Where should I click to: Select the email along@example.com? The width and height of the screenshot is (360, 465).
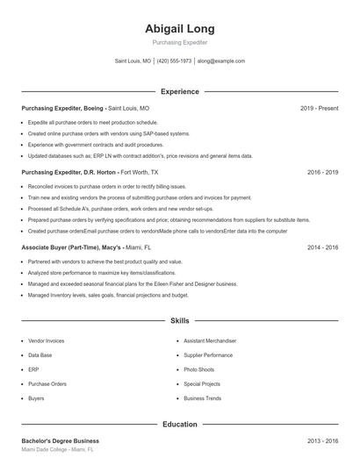tap(221, 61)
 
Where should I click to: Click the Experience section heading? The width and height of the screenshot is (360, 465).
tap(180, 91)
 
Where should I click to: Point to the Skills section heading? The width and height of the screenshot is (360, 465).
tap(180, 321)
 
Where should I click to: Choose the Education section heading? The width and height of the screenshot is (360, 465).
tap(180, 425)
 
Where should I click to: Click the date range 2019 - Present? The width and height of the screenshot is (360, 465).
tap(319, 108)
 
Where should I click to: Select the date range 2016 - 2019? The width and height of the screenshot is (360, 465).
tap(323, 173)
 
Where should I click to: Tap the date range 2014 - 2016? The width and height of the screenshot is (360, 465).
tap(323, 247)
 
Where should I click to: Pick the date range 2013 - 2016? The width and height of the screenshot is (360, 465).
tap(323, 440)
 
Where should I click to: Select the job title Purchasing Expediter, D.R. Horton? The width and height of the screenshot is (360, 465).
tap(69, 173)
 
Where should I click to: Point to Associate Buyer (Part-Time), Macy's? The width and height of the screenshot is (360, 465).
tap(71, 247)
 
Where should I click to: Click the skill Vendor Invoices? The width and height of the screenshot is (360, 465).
tap(47, 340)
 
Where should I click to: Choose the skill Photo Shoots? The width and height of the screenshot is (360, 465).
tap(199, 369)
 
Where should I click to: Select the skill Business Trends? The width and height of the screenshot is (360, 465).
tap(203, 398)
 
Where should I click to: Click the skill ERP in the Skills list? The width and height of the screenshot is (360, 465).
tap(33, 369)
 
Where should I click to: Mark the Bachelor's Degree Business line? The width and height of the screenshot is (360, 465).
tap(60, 440)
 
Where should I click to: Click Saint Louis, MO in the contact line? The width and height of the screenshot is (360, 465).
tap(133, 61)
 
